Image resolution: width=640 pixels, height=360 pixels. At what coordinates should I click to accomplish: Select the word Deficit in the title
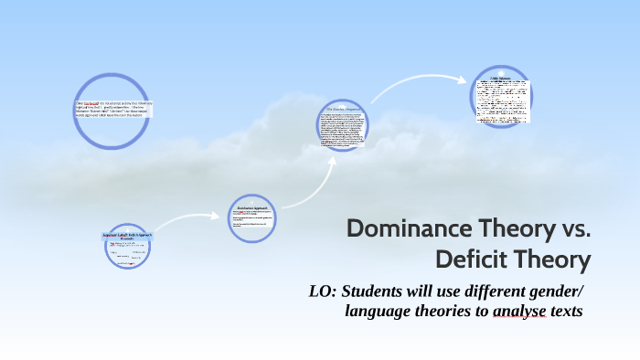tap(474, 259)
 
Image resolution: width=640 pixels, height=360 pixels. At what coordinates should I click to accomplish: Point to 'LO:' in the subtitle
tap(325, 291)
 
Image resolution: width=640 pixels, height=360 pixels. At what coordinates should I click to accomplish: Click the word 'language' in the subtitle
tap(375, 312)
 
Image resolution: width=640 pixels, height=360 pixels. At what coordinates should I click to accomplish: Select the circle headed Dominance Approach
tap(251, 218)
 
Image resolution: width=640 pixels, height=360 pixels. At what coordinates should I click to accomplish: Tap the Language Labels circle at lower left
tap(126, 248)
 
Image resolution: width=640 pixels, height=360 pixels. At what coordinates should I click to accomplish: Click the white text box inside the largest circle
tap(114, 109)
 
